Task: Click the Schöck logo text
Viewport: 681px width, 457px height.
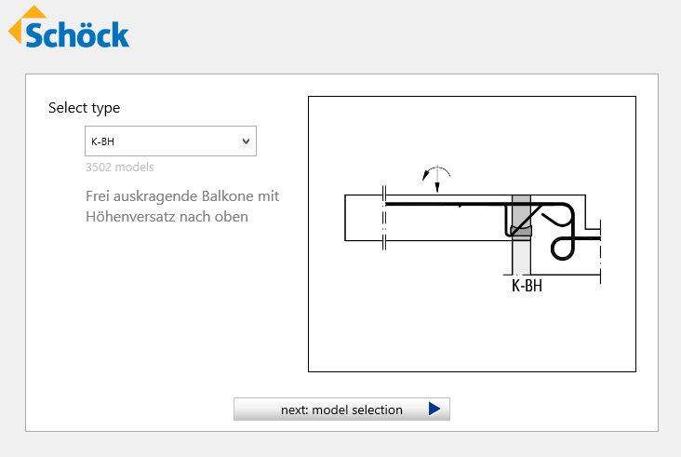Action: pyautogui.click(x=77, y=34)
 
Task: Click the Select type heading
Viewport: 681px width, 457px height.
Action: pyautogui.click(x=85, y=108)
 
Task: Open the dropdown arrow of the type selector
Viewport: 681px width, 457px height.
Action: pyautogui.click(x=246, y=141)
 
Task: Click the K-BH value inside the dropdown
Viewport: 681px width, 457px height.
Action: pyautogui.click(x=103, y=141)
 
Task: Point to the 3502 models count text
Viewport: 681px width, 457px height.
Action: pyautogui.click(x=120, y=168)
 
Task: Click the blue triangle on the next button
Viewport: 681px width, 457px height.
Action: pyautogui.click(x=434, y=409)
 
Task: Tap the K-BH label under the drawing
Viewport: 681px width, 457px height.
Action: pyautogui.click(x=527, y=286)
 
